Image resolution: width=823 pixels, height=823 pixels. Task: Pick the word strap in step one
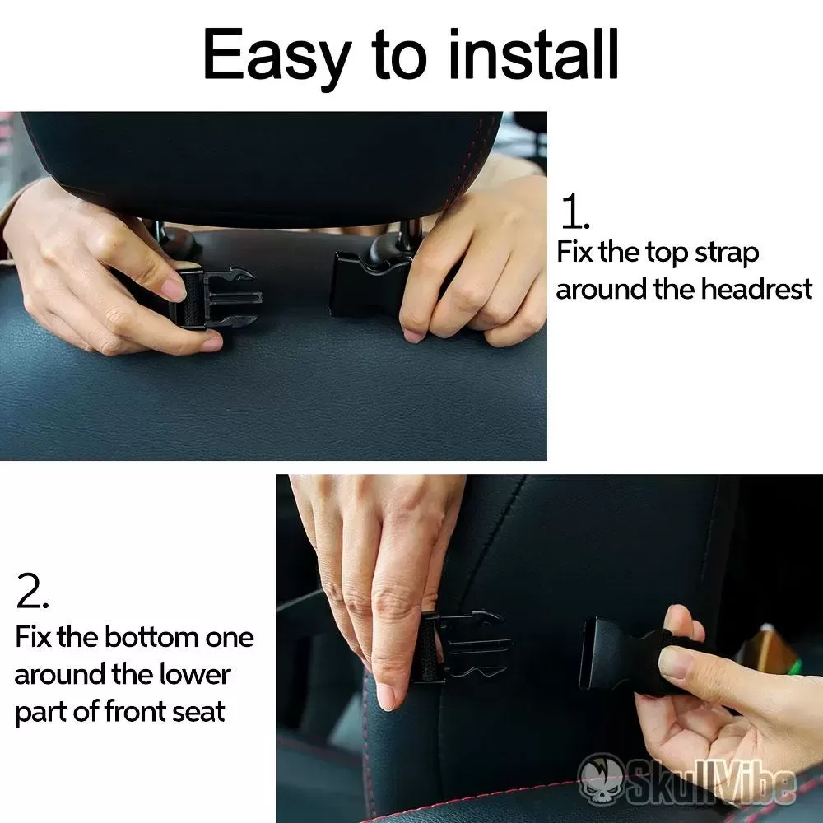click(727, 253)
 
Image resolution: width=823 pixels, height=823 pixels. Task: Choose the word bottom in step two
click(151, 637)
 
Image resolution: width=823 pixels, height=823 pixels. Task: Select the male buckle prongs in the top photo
click(231, 298)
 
